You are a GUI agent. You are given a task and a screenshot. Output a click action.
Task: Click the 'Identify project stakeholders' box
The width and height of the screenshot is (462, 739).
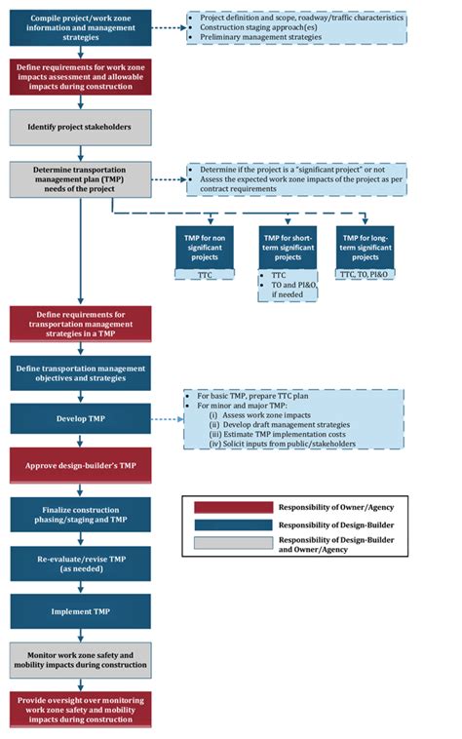(x=81, y=127)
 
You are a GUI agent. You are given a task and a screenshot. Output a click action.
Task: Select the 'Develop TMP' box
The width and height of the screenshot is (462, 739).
(x=81, y=419)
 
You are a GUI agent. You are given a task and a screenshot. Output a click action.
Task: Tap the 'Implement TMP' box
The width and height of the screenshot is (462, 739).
(x=81, y=611)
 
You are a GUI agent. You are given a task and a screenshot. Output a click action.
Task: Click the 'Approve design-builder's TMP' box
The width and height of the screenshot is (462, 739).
(x=81, y=466)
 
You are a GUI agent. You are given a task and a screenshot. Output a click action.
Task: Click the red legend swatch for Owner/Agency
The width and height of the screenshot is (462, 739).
(x=233, y=507)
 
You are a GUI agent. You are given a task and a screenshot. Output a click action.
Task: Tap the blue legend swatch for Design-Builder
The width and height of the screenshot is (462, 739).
(x=233, y=525)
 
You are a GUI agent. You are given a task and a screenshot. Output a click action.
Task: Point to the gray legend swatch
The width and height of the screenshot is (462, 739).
(x=233, y=544)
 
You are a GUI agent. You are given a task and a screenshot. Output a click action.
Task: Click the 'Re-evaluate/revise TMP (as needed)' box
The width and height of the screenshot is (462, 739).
(x=81, y=564)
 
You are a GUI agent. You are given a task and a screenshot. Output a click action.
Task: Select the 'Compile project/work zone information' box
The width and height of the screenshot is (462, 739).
(x=81, y=26)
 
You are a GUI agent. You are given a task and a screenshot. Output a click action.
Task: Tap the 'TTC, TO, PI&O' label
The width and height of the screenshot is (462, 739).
(x=366, y=276)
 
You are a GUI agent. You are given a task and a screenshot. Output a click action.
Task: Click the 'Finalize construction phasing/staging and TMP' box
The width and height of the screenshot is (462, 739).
(x=81, y=515)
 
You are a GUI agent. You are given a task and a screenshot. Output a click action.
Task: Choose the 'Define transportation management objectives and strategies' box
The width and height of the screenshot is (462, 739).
(x=81, y=372)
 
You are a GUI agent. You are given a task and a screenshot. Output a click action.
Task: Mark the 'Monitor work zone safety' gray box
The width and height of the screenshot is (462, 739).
(x=81, y=660)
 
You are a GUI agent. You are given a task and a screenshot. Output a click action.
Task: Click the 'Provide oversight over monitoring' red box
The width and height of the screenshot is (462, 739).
(x=81, y=709)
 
